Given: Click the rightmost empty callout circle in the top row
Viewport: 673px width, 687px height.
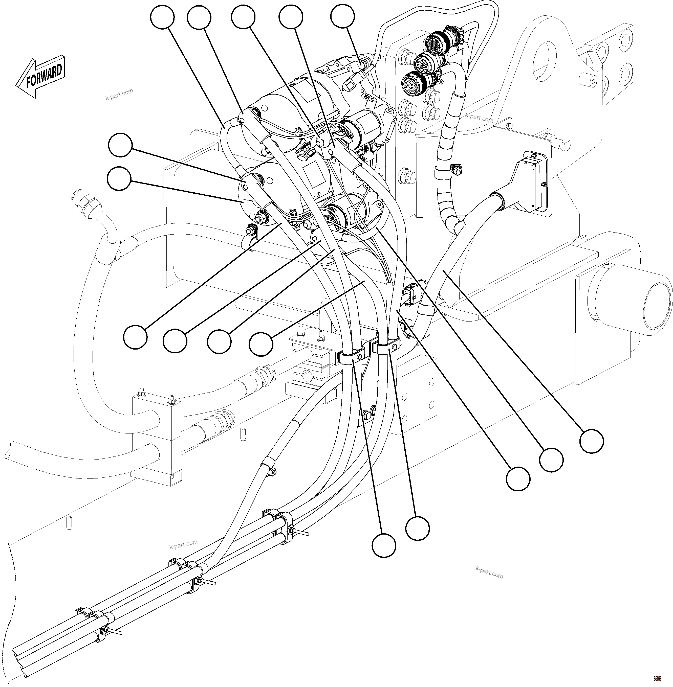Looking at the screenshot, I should pyautogui.click(x=342, y=17).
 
